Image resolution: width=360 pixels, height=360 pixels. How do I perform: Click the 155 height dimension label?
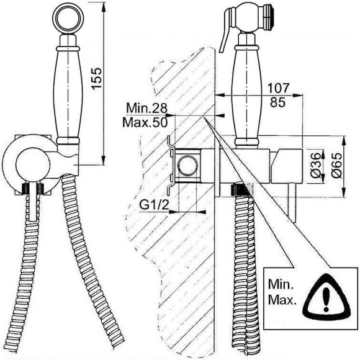[97, 78]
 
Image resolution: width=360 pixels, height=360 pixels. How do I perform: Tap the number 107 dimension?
[278, 88]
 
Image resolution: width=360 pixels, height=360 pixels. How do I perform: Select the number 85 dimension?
[277, 102]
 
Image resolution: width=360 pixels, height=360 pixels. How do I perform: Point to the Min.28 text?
[146, 108]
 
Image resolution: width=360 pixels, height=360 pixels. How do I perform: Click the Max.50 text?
[145, 122]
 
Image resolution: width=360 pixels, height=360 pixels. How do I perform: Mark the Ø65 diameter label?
[336, 165]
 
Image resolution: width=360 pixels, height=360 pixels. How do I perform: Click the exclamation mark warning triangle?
[326, 298]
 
